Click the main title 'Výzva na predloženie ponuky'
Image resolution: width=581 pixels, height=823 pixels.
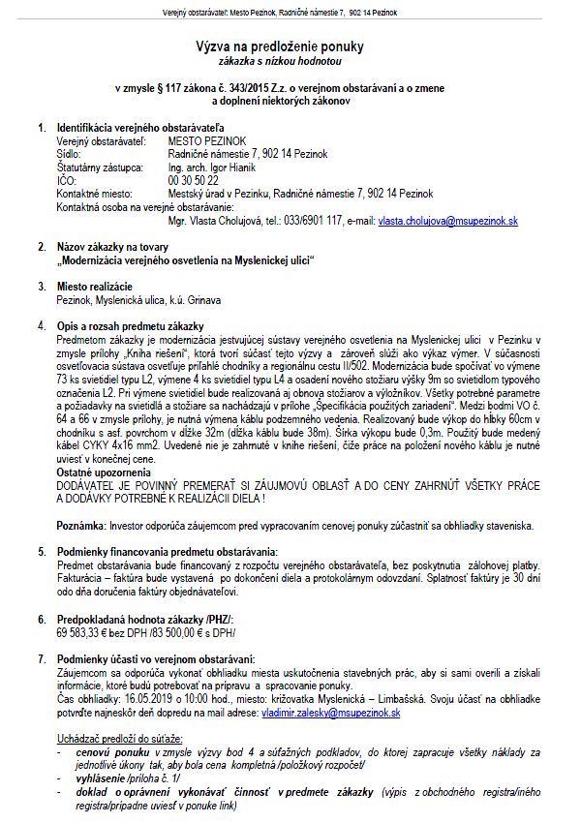click(x=290, y=46)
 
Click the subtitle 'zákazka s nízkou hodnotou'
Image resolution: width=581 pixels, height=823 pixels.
click(x=290, y=60)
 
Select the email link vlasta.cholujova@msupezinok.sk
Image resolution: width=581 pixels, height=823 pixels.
click(x=447, y=222)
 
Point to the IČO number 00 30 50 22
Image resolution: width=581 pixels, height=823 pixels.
click(x=193, y=181)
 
